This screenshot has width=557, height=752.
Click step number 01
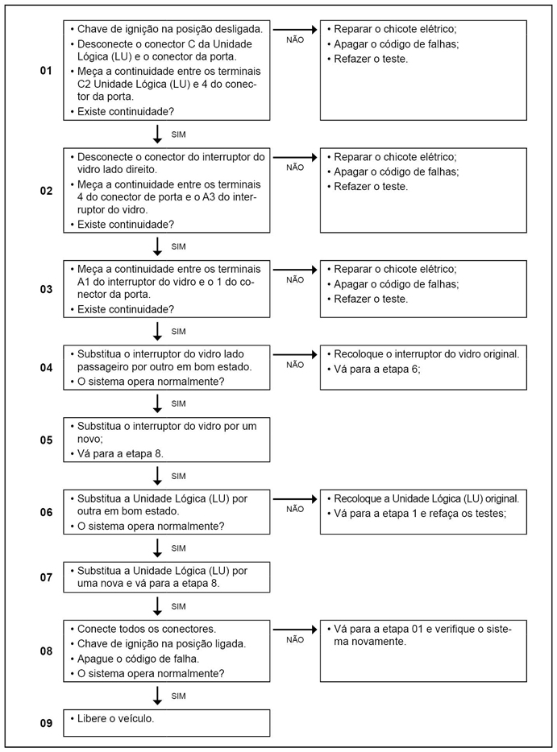(46, 72)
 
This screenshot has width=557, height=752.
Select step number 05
(46, 440)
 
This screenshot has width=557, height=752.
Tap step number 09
(46, 723)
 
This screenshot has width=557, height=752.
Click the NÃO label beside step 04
(295, 365)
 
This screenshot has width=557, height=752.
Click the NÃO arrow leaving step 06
(295, 498)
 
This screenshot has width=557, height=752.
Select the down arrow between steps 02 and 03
(158, 246)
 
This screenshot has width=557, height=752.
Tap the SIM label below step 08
(179, 695)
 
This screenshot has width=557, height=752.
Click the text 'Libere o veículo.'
(116, 717)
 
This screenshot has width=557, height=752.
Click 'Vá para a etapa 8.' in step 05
(120, 453)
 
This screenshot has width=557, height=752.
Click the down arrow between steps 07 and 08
(158, 605)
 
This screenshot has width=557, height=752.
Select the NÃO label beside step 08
(295, 640)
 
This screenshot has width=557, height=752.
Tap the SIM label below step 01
(179, 134)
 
